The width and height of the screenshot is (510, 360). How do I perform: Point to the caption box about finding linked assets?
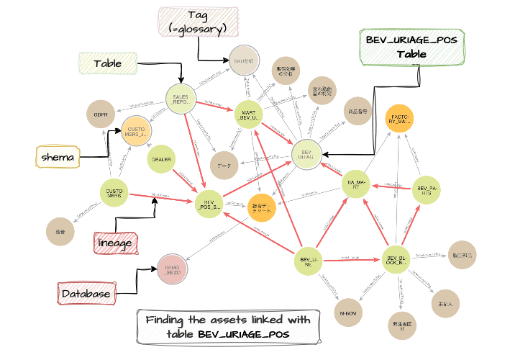(228, 326)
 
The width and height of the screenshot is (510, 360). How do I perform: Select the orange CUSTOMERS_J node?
(137, 130)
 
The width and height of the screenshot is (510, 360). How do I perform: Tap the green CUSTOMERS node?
(115, 192)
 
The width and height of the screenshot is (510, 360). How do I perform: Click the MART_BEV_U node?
(247, 117)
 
